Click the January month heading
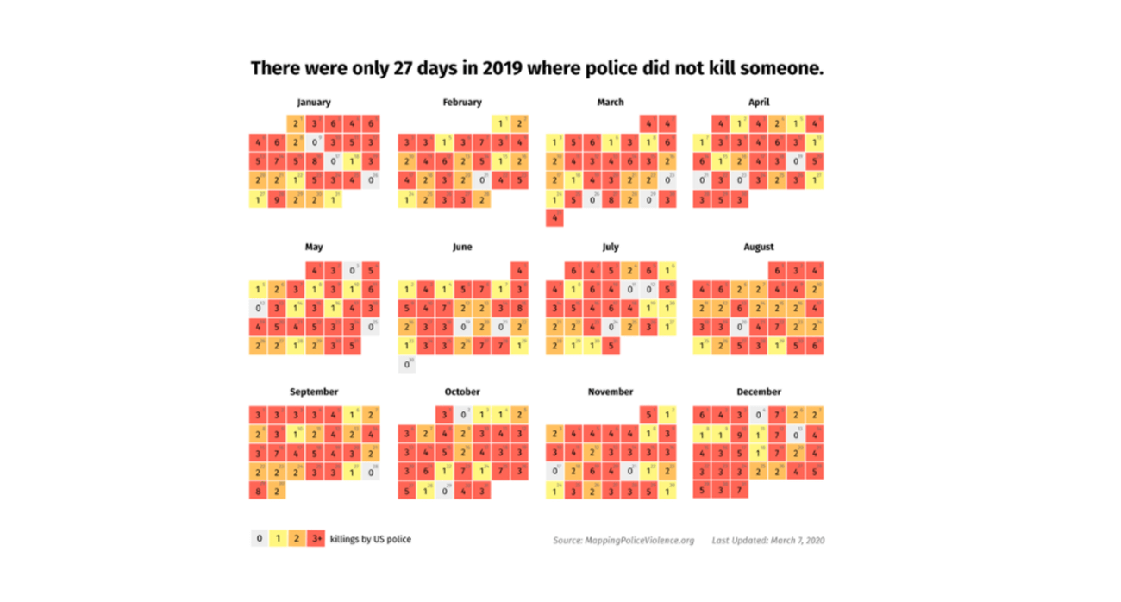tap(314, 103)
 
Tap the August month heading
tap(759, 248)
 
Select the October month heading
tap(462, 392)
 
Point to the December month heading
tap(759, 392)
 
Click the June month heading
tap(462, 248)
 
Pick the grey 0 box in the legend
tap(259, 539)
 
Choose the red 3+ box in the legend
tap(316, 539)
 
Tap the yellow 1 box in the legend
tap(278, 539)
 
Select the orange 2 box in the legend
tap(297, 539)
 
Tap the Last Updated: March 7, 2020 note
tap(768, 541)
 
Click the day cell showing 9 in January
tap(278, 199)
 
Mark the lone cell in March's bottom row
tap(555, 219)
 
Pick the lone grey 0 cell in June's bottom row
tap(407, 364)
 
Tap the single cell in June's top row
tap(519, 270)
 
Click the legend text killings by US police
tap(371, 540)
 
